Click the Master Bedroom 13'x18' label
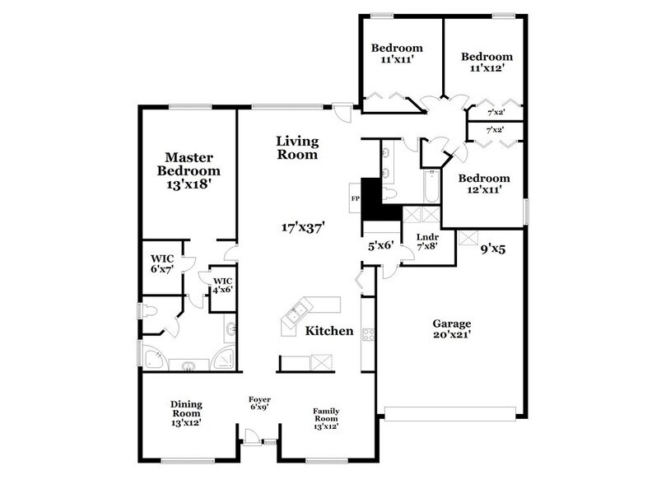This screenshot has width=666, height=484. tap(190, 170)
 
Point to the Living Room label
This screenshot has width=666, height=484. tap(297, 147)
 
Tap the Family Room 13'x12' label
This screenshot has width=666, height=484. tap(326, 419)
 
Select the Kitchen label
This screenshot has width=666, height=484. tap(329, 331)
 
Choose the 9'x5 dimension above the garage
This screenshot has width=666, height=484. tap(492, 245)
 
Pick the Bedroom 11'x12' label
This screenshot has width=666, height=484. tap(487, 62)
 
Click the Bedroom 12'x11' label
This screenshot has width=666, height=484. tap(481, 184)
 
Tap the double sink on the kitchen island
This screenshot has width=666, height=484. tap(296, 313)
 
